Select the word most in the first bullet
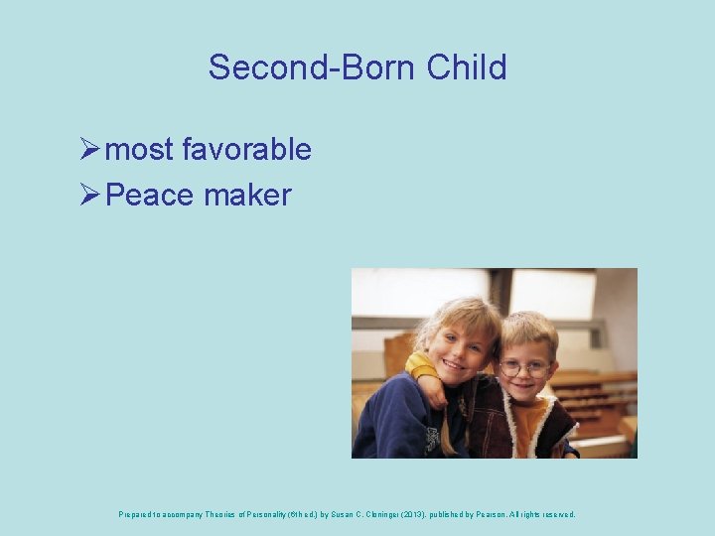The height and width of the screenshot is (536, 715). click(x=139, y=150)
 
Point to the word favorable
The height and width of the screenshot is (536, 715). click(x=246, y=150)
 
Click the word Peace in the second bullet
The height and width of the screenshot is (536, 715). click(x=149, y=195)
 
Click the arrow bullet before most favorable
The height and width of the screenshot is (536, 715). click(x=87, y=150)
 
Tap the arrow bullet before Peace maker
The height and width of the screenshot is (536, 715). click(x=87, y=195)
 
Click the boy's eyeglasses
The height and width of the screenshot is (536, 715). click(x=523, y=367)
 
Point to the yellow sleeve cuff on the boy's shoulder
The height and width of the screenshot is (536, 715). click(x=420, y=368)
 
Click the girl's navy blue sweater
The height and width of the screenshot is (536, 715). click(x=392, y=422)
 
